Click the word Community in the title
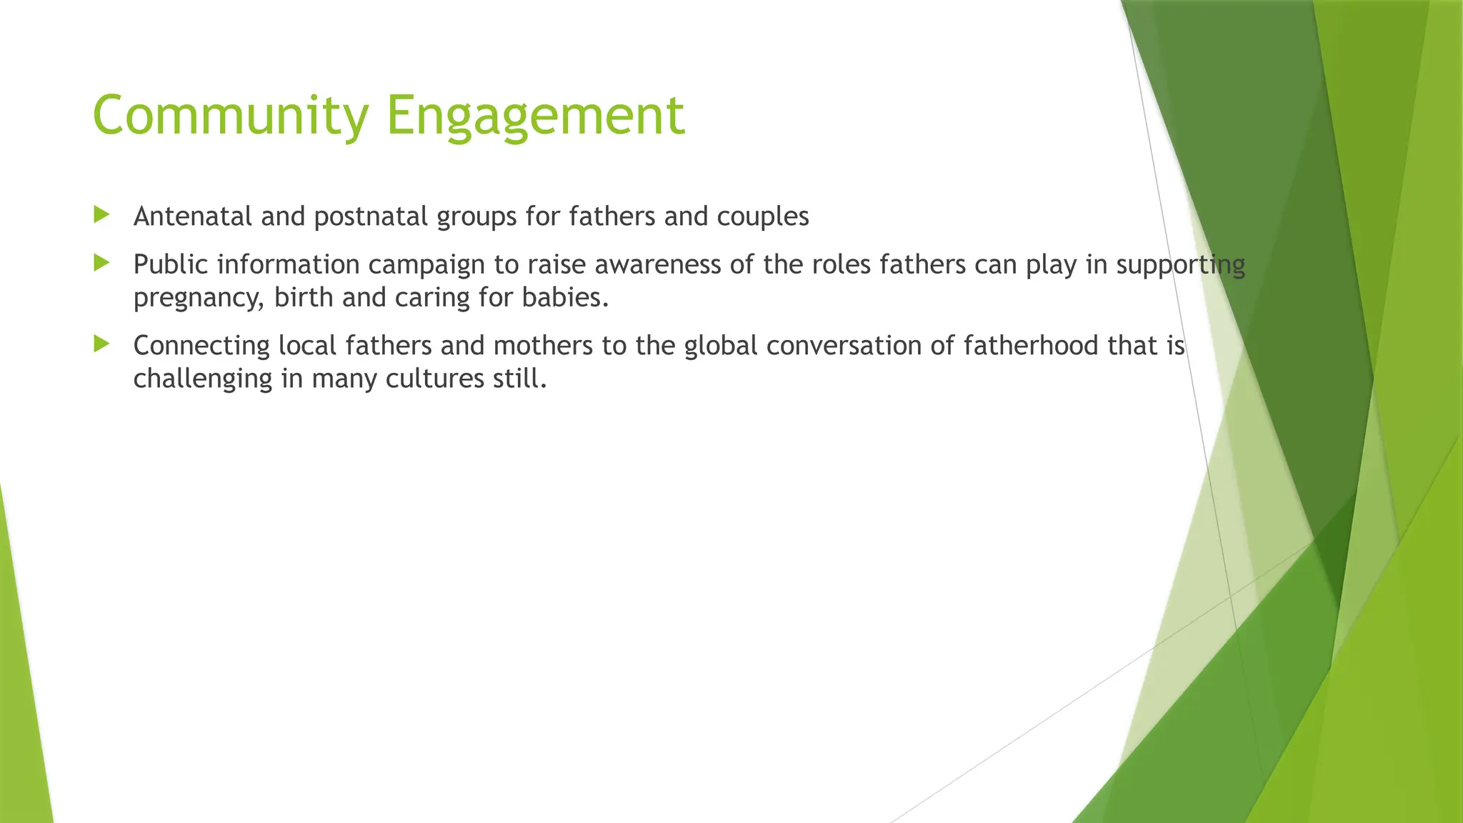tap(230, 116)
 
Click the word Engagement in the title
tap(536, 116)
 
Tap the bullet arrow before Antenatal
tap(101, 214)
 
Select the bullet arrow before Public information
tap(101, 264)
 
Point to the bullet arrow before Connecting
tap(101, 344)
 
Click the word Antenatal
tap(193, 216)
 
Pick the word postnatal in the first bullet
tap(371, 216)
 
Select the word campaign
tap(426, 265)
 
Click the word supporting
tap(1180, 265)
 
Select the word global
tap(721, 346)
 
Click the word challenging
tap(203, 379)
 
